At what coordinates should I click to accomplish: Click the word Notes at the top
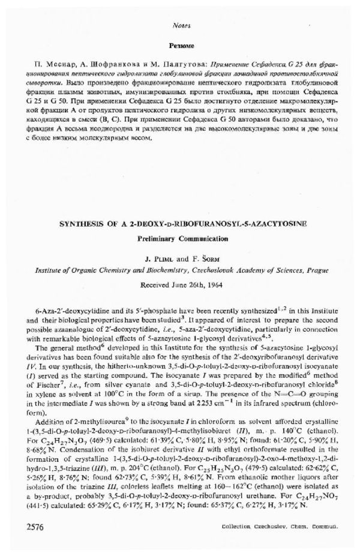(181, 26)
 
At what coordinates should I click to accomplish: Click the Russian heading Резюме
(181, 45)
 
